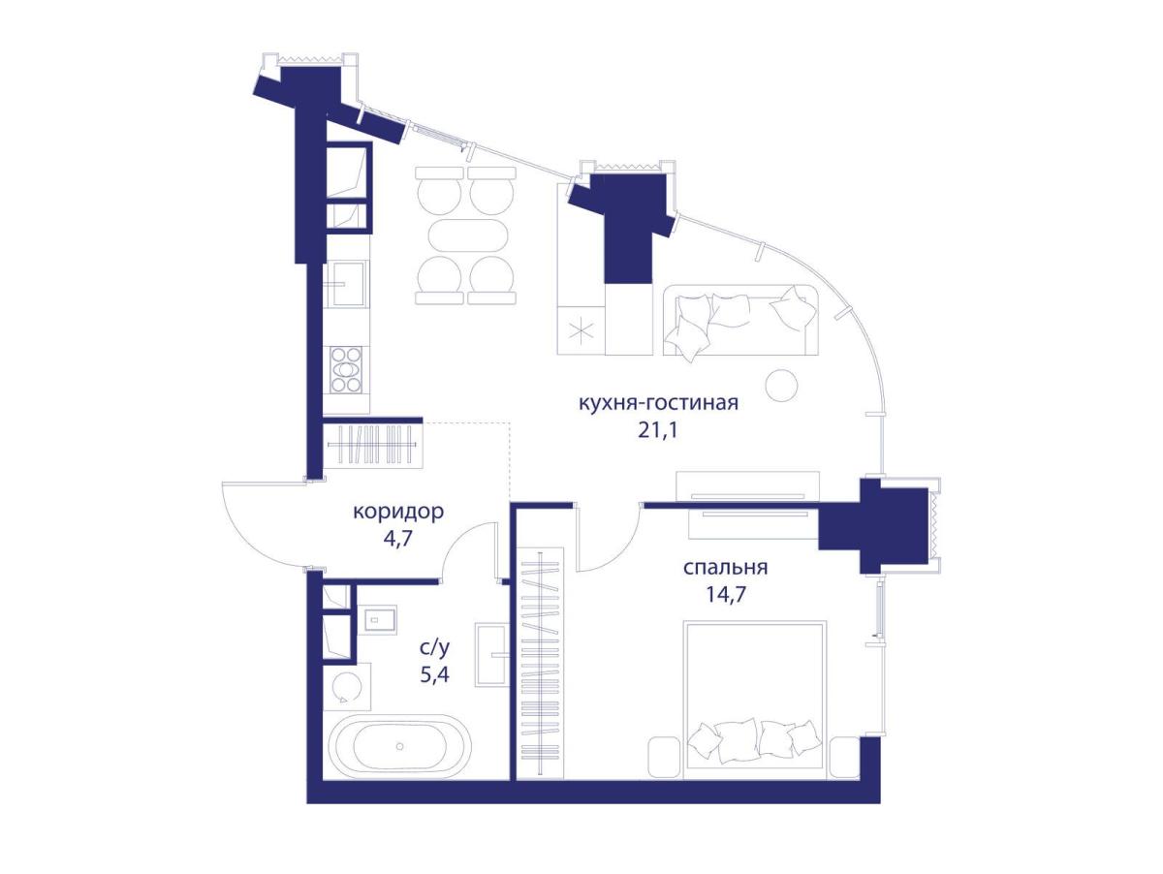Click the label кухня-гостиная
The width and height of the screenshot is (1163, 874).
tap(658, 404)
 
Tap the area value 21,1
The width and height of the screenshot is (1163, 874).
tap(658, 430)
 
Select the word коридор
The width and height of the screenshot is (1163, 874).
tap(398, 513)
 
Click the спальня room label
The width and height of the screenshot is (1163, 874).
tap(725, 568)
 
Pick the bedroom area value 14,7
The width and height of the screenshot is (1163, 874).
tap(725, 594)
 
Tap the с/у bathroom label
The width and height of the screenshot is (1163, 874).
tap(434, 647)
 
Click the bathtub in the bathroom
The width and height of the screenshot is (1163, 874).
tap(399, 746)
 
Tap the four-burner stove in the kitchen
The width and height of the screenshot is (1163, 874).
tap(346, 370)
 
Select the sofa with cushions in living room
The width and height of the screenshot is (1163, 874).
tap(740, 320)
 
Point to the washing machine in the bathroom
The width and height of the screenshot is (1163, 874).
tap(347, 686)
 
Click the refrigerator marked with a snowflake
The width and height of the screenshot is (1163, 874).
tap(581, 330)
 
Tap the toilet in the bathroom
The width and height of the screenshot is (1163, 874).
tap(377, 619)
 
